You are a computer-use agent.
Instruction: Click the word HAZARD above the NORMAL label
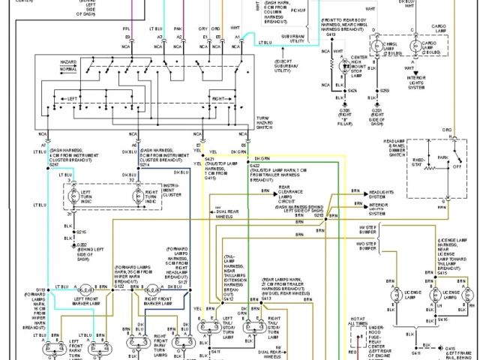[x=68, y=60]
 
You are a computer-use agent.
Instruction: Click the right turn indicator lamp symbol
[x=139, y=197]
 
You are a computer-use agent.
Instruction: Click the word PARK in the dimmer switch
[x=453, y=157]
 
